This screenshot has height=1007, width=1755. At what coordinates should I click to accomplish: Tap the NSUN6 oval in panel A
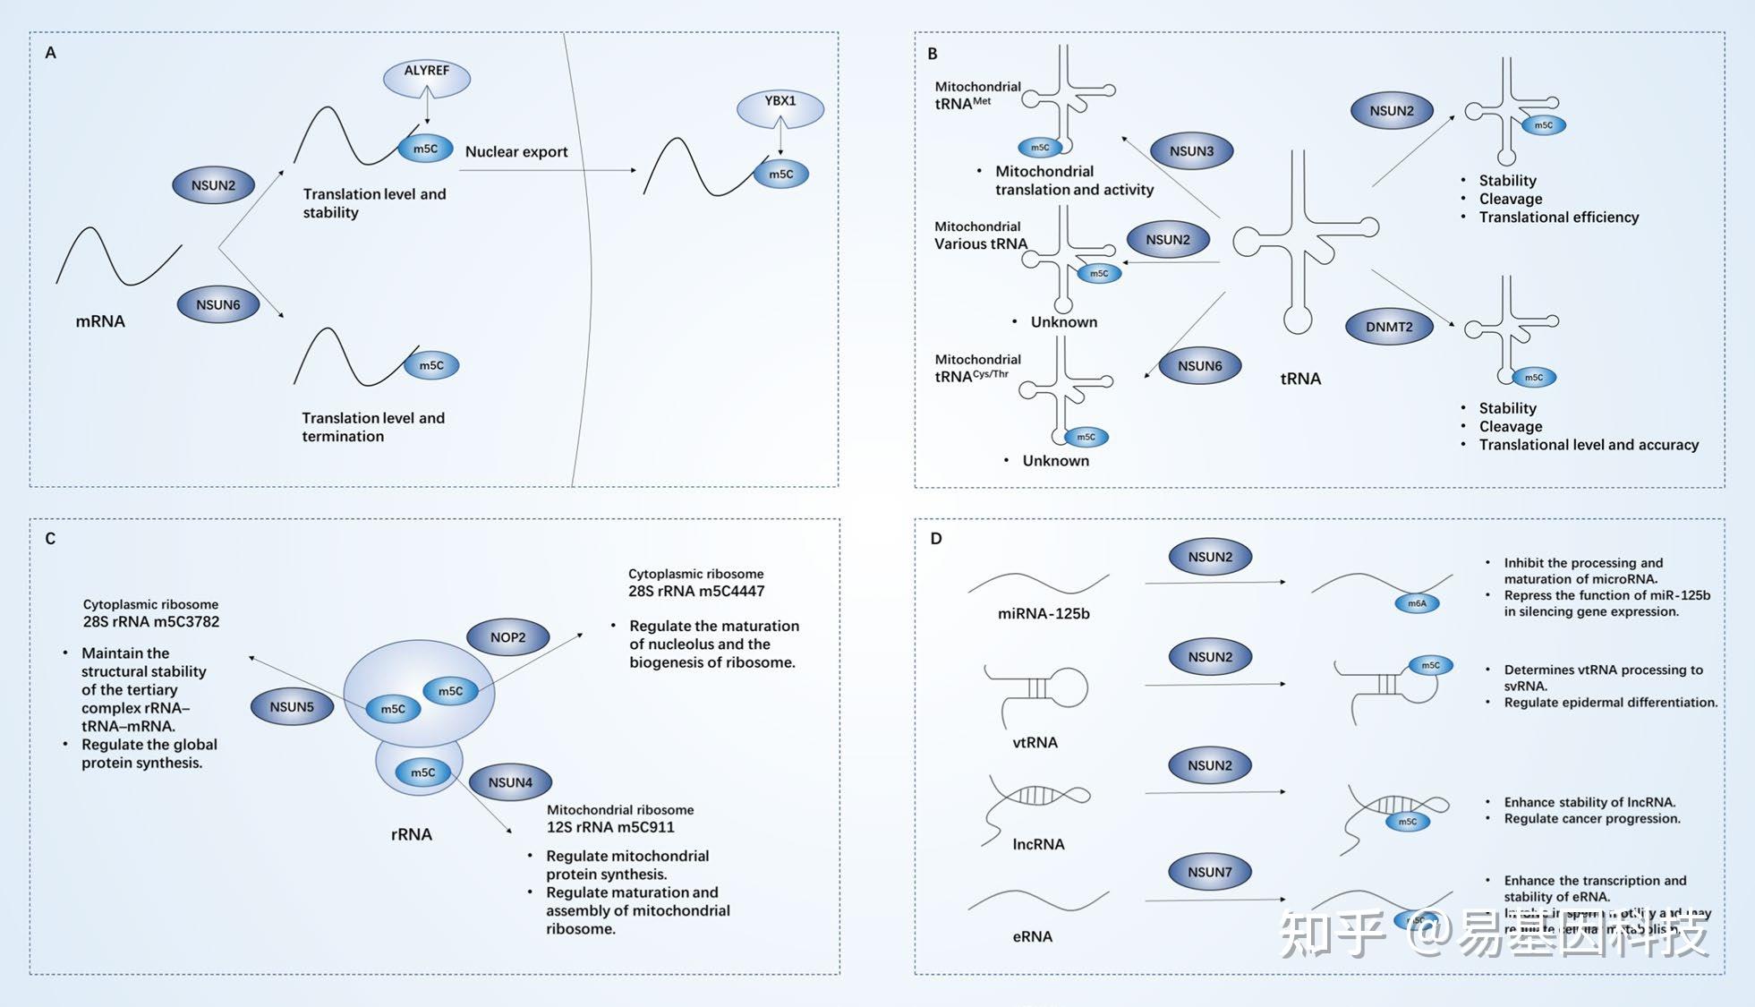click(218, 304)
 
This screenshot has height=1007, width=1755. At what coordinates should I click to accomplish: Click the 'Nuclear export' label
click(516, 151)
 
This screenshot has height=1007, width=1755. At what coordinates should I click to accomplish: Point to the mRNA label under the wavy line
click(100, 321)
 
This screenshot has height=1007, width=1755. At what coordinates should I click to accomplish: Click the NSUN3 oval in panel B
click(1191, 151)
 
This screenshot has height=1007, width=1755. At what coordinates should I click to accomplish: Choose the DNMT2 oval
click(1389, 327)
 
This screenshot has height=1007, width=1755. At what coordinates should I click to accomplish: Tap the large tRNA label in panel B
click(1300, 379)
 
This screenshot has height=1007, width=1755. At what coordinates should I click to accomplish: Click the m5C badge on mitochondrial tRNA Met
click(1040, 148)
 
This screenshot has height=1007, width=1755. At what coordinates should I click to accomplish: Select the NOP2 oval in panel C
click(507, 637)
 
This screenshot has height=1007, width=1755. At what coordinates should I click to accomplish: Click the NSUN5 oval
click(292, 706)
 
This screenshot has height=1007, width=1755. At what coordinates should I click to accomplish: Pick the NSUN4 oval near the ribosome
click(510, 782)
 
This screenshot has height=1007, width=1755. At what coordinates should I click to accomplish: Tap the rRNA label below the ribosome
click(412, 834)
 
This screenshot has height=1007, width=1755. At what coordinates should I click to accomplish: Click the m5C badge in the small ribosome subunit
click(422, 772)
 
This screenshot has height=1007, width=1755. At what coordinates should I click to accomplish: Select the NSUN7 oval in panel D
click(1209, 872)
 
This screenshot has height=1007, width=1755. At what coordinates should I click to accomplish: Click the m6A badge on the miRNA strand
click(1417, 603)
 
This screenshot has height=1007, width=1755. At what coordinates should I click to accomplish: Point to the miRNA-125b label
click(1044, 614)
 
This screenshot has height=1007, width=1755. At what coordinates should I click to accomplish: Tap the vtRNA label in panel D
click(1035, 742)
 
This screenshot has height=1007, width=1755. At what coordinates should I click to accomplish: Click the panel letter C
click(50, 539)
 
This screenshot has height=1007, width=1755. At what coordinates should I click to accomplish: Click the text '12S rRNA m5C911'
click(610, 827)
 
